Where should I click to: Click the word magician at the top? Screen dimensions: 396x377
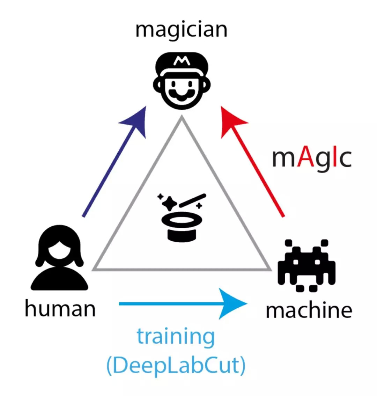[x=181, y=30]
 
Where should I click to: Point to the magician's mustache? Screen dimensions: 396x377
[x=181, y=94]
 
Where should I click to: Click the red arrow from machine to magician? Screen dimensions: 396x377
[x=255, y=164]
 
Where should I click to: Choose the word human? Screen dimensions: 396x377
[x=60, y=309]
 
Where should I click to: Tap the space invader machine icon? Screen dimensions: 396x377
[x=306, y=265]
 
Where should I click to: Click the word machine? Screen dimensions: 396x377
[x=309, y=310]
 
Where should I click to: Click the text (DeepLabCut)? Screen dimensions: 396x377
[x=176, y=366]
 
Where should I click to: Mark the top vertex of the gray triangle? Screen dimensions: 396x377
[x=182, y=117]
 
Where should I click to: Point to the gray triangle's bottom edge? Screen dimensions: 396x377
[x=182, y=269]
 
